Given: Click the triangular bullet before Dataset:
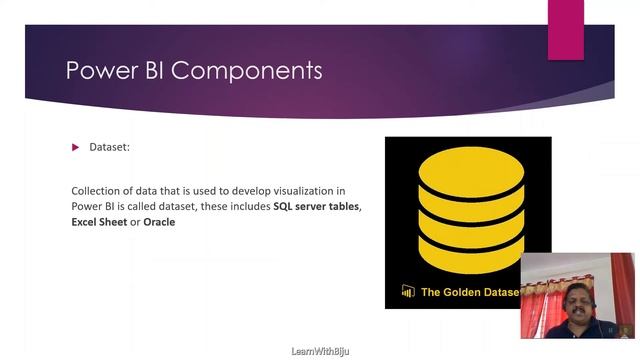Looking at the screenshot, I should (x=75, y=148).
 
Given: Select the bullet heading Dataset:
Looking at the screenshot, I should (x=110, y=148).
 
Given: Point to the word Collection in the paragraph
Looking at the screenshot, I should (x=98, y=190).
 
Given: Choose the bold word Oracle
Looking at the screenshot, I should (x=159, y=222).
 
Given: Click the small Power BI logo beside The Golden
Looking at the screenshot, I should (x=408, y=292).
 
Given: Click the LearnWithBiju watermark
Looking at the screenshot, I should (x=319, y=352).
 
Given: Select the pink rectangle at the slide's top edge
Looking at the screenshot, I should (x=565, y=29).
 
